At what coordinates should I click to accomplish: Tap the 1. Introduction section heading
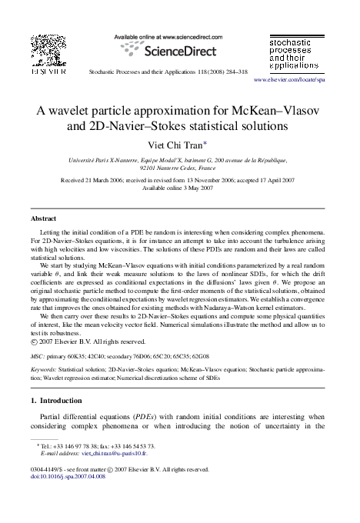(x=65, y=401)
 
